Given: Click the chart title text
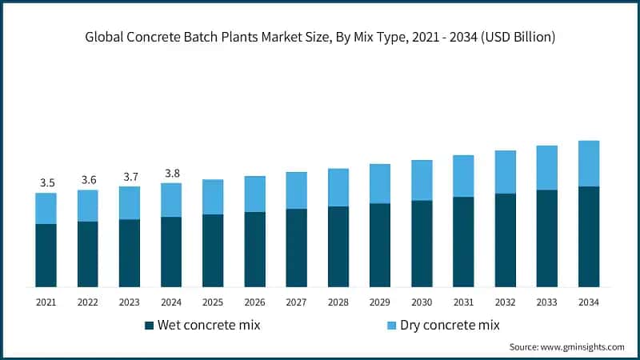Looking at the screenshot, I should tap(320, 37).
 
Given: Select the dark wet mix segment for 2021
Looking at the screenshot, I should tap(46, 255).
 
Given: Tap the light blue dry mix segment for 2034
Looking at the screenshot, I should tap(589, 163).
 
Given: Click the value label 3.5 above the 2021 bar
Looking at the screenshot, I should tap(46, 183).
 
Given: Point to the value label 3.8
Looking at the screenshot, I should tap(171, 173).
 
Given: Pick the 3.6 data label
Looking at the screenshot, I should tap(88, 180).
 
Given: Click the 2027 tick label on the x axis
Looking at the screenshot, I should tap(297, 302).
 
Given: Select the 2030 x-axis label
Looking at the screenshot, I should tap(422, 302).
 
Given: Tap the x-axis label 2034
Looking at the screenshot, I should tap(589, 302).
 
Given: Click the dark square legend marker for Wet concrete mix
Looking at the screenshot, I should tap(149, 326).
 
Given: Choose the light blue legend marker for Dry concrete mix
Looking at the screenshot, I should tap(391, 326).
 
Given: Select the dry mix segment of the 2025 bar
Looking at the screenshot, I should tap(213, 197).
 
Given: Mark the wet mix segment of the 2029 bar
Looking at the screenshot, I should tap(380, 245).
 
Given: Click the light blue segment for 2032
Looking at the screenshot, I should tap(506, 172).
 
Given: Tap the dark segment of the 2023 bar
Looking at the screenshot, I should tap(130, 253).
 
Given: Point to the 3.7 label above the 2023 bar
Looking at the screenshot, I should tap(130, 177).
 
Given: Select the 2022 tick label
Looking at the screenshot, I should tap(88, 302).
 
